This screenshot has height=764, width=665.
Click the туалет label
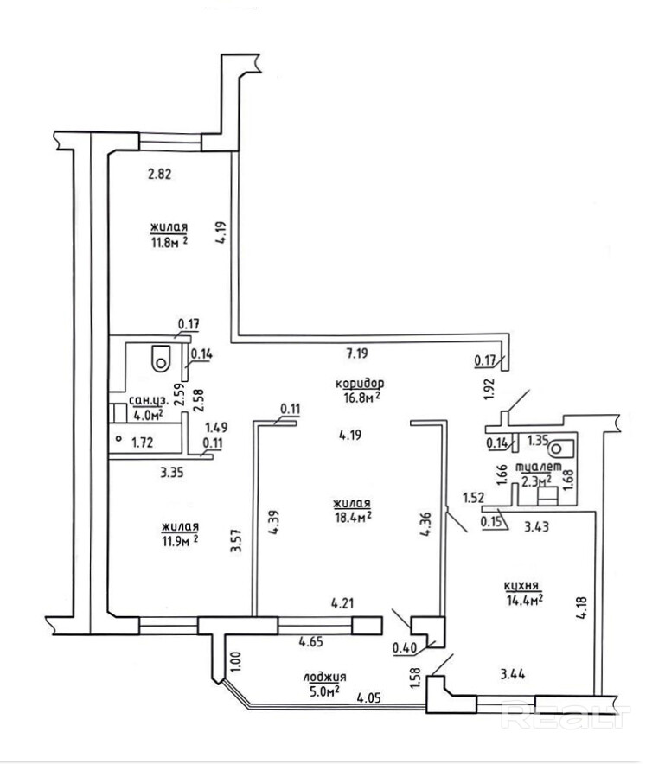click(535, 468)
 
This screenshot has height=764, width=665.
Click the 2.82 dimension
click(159, 173)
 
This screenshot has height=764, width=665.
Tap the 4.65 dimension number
click(312, 641)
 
